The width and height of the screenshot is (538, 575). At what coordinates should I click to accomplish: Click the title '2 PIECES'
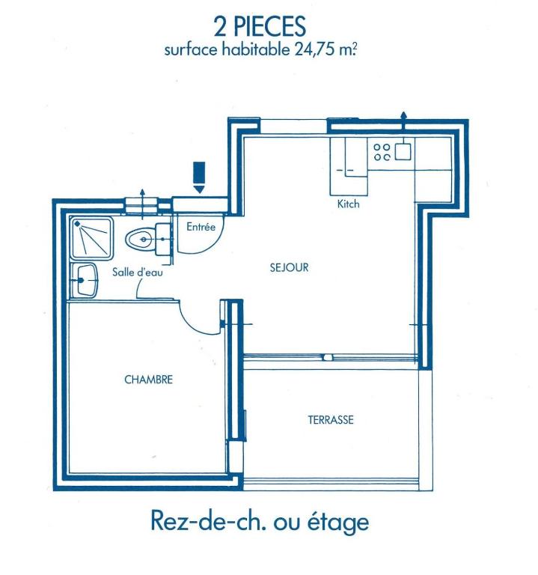(260, 26)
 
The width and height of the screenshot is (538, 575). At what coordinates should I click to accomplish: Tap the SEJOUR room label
(289, 267)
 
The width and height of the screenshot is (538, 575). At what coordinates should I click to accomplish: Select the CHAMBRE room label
(148, 379)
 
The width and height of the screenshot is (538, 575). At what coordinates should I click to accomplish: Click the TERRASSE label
(331, 419)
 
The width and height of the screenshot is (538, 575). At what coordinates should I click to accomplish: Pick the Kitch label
(348, 204)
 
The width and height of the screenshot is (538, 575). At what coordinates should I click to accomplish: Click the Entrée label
(201, 227)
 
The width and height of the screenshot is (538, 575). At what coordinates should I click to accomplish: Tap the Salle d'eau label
(138, 272)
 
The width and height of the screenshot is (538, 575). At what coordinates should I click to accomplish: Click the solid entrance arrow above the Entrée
(199, 177)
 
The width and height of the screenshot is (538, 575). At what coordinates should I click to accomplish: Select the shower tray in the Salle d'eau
(91, 238)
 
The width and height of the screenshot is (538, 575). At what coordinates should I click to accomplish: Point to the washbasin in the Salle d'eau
(85, 280)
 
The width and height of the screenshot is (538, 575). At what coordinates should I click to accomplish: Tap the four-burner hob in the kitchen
(382, 152)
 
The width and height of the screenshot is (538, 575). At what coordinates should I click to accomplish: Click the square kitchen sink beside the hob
(403, 151)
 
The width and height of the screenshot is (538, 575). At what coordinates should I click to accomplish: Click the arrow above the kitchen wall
(403, 121)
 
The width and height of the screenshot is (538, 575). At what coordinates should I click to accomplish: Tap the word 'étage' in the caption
(337, 522)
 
